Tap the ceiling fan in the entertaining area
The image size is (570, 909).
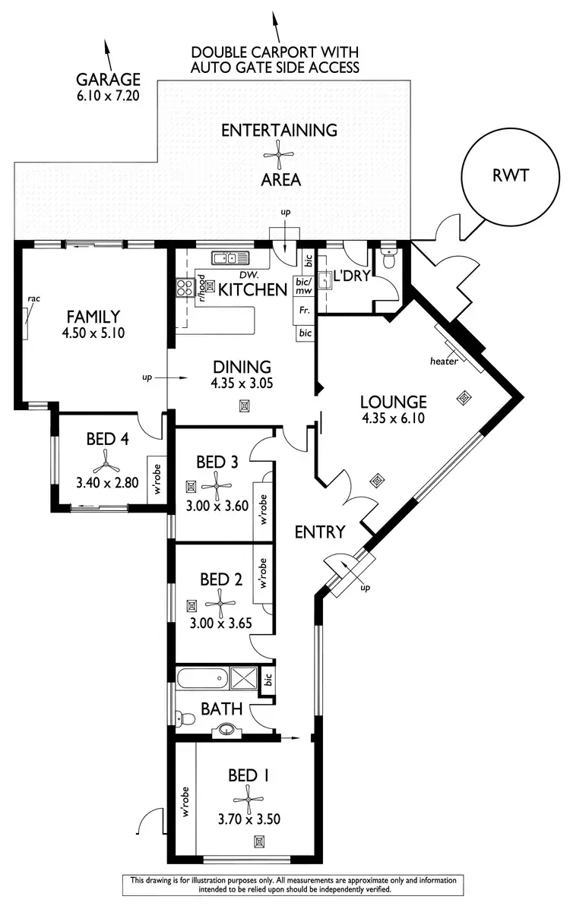pos(278,155)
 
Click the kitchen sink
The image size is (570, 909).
pos(230,257)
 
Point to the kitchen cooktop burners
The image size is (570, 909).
pos(185,287)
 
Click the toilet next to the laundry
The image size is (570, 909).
pos(389,260)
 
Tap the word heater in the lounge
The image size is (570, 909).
pos(444,361)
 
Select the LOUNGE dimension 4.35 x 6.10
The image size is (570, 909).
pos(392,417)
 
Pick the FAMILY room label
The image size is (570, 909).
pos(91,317)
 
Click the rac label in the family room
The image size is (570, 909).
pos(33,299)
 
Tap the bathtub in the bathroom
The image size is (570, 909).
pos(201,677)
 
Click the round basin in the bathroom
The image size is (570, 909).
pos(226,731)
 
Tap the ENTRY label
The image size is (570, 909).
pos(320,532)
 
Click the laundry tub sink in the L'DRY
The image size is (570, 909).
pos(328,281)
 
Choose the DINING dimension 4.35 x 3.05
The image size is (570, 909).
pos(242,383)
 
